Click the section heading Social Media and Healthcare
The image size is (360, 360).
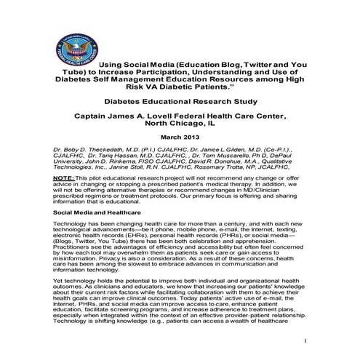[97, 211]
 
